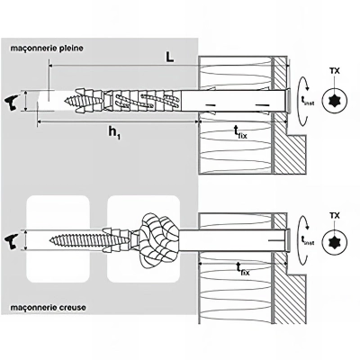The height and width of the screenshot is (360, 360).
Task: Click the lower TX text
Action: [335, 216]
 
